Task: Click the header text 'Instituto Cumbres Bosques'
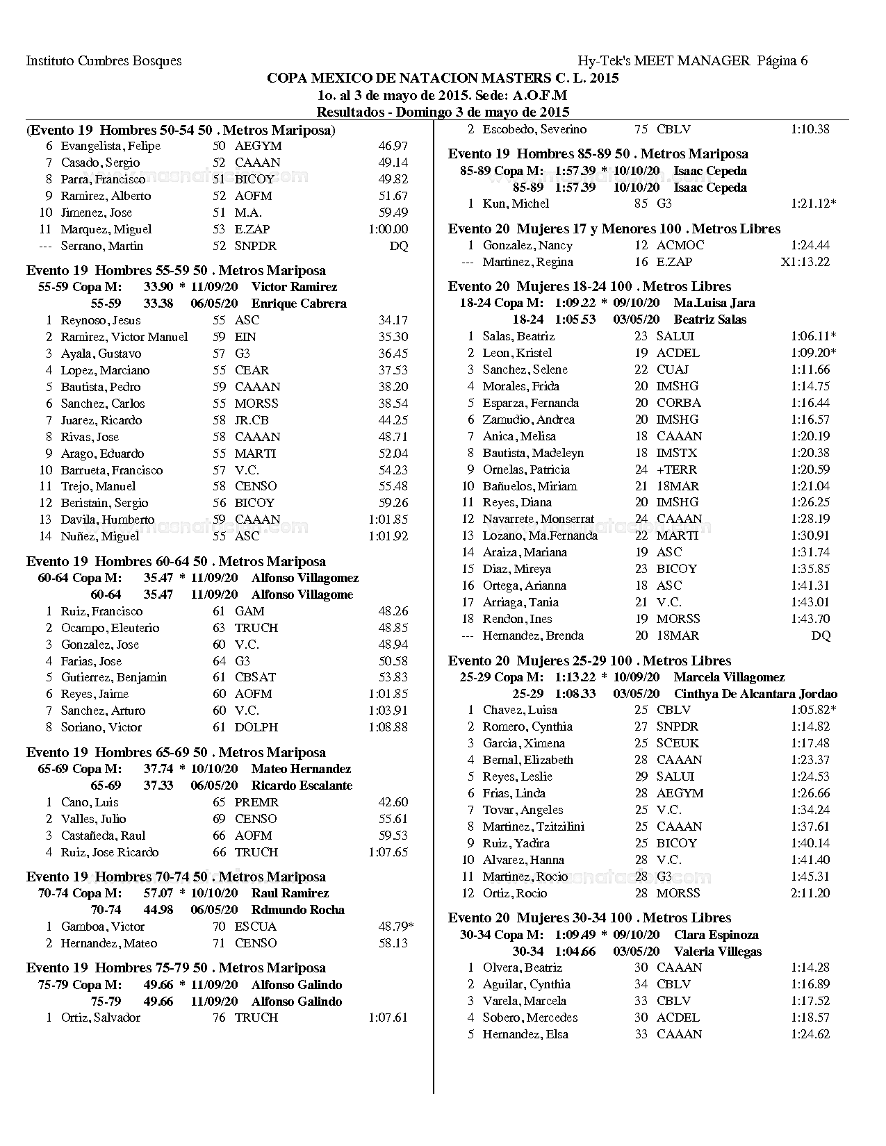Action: coord(104,61)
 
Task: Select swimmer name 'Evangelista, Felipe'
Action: coord(110,146)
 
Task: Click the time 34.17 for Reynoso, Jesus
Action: coord(393,320)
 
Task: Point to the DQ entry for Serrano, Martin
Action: coord(399,246)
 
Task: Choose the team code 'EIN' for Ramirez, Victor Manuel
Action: coord(245,337)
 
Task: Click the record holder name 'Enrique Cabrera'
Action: coord(299,304)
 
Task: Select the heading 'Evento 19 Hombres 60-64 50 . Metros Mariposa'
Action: coord(176,561)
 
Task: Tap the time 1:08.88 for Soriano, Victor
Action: coord(388,727)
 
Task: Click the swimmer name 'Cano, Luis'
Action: coord(90,802)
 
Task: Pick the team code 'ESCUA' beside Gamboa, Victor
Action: coord(255,927)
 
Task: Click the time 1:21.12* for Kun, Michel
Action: coord(813,204)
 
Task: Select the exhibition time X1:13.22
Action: coord(805,262)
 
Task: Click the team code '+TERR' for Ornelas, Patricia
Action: coord(676,470)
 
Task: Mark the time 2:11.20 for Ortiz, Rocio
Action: coord(810,893)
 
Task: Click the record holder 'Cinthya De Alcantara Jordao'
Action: coord(755,694)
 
